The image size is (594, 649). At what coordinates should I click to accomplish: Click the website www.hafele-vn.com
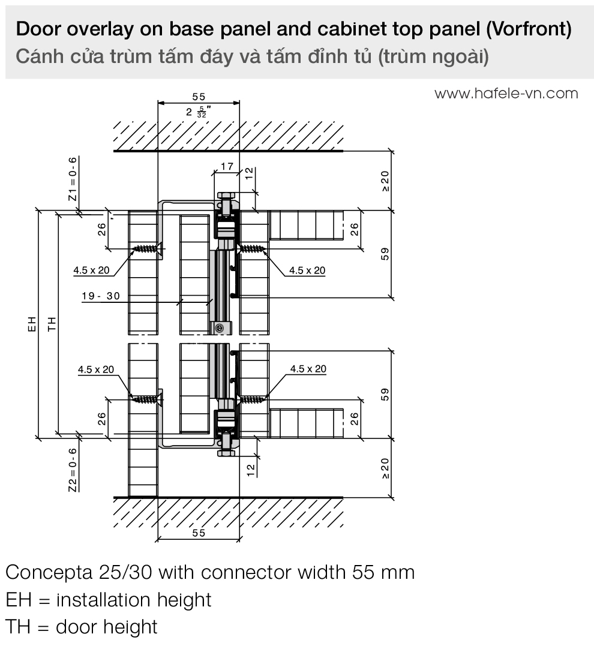[506, 94]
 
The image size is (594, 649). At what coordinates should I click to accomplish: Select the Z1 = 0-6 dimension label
[73, 178]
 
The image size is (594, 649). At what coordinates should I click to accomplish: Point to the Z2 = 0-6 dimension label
[73, 470]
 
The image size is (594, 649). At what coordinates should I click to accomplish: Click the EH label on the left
[33, 324]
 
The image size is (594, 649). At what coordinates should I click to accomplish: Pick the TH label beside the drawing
[52, 324]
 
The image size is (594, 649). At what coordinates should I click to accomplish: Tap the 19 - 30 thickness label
[101, 296]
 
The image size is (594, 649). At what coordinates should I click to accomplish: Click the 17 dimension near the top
[226, 166]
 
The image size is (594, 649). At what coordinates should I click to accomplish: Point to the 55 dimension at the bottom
[199, 533]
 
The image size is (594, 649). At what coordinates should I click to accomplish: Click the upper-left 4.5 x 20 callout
[91, 271]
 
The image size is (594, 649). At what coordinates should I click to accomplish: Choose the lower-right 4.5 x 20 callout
[308, 369]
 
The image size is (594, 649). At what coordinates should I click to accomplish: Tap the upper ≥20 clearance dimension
[385, 181]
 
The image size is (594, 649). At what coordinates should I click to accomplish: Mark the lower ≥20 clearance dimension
[385, 468]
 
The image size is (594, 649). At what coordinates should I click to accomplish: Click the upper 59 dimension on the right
[385, 254]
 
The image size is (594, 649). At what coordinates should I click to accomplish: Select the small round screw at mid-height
[220, 327]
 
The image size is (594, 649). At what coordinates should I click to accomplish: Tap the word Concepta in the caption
[47, 572]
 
